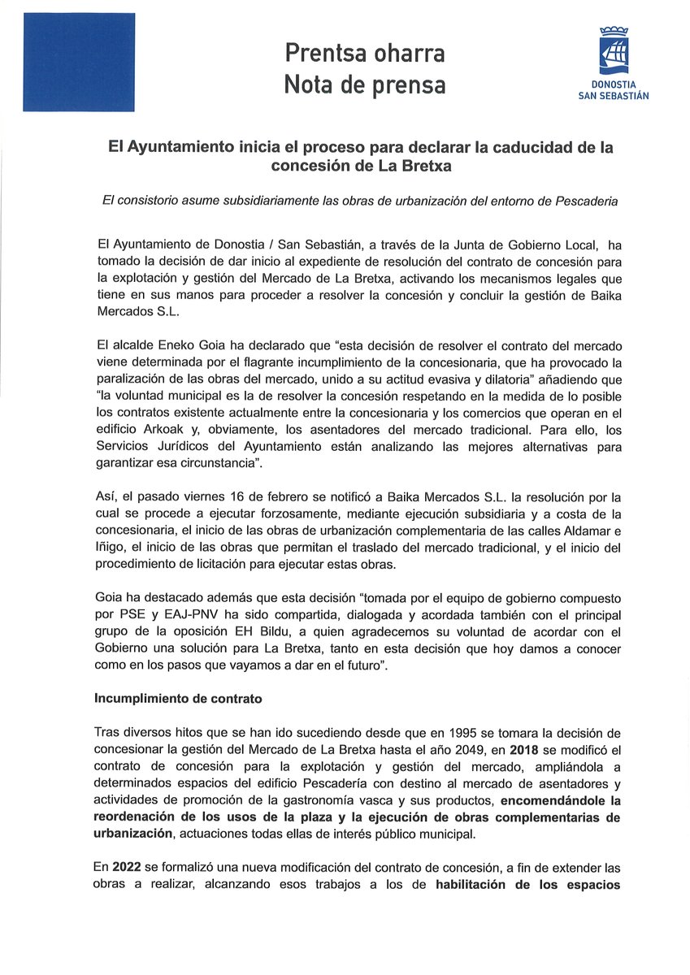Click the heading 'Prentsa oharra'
(364, 54)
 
